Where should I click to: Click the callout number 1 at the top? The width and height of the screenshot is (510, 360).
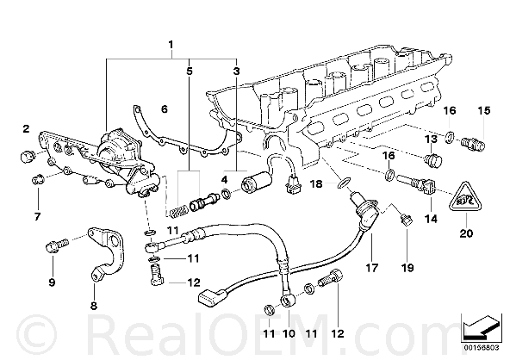point(171,45)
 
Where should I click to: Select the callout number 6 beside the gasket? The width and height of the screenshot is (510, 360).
point(165,109)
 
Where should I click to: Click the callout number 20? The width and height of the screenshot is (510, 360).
point(466,233)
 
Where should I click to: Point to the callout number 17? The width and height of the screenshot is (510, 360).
point(372,268)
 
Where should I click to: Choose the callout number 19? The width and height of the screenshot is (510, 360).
point(407,268)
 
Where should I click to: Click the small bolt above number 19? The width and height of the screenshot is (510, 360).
point(407,220)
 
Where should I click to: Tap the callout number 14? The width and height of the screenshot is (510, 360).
point(431,219)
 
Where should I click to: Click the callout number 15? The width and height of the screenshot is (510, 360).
point(483,110)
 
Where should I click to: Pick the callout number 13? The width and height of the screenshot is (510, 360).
point(432,140)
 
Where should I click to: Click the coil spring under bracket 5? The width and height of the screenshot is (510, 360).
point(178,212)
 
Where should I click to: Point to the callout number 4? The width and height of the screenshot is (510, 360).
point(225,179)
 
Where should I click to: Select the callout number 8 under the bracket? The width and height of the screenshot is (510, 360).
point(94,306)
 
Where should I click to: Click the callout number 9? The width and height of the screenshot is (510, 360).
point(52,282)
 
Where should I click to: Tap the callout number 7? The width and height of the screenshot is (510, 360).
point(38,216)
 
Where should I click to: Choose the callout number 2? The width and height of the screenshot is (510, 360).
point(26,129)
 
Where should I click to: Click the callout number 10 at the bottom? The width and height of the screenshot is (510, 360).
point(289,333)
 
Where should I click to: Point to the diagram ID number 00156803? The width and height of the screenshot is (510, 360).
point(482,348)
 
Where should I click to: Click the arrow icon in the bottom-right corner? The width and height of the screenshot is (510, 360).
point(480,328)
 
